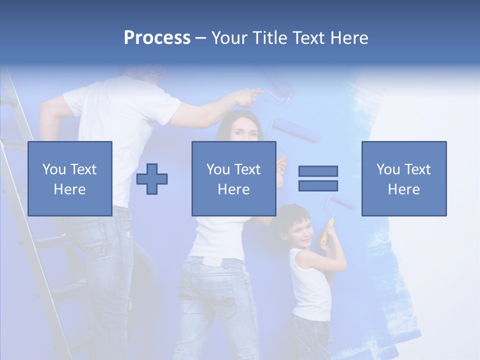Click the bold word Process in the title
click(x=157, y=38)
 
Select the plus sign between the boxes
click(x=152, y=179)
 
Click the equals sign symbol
click(x=318, y=178)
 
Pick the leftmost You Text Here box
click(x=69, y=178)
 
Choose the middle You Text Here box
click(x=233, y=178)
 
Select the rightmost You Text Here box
click(x=403, y=178)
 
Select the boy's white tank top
click(x=310, y=287)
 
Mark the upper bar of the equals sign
click(x=318, y=171)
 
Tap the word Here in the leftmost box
click(x=69, y=189)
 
